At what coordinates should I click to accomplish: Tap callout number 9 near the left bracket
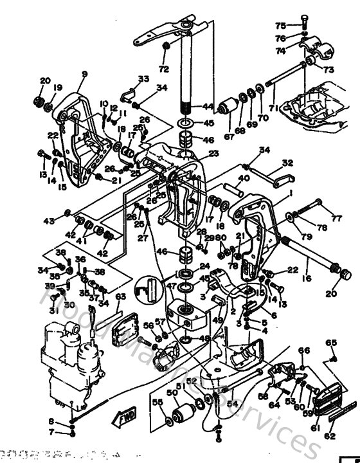(x=83, y=74)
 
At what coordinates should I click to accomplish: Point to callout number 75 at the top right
(x=280, y=26)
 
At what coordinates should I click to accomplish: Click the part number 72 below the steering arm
(x=163, y=68)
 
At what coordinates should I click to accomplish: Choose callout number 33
(x=143, y=78)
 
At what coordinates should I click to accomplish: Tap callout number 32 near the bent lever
(x=287, y=163)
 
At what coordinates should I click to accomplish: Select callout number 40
(x=244, y=178)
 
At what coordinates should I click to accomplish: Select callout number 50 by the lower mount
(x=172, y=393)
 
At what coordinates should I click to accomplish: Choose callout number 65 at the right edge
(x=332, y=342)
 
